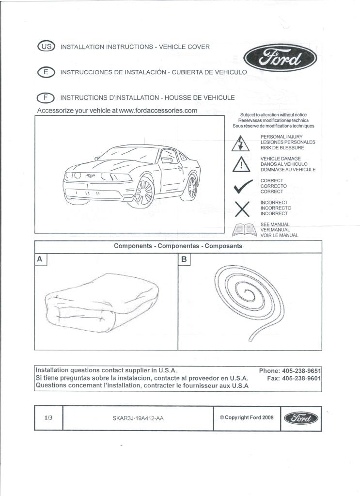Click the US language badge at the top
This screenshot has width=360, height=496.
46,47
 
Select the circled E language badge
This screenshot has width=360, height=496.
46,72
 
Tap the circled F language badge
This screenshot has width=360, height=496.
46,97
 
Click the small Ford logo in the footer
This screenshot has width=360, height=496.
301,418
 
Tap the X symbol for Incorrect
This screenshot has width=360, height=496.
242,208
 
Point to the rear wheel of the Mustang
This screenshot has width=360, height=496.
192,186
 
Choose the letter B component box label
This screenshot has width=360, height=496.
184,259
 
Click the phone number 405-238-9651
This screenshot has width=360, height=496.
298,371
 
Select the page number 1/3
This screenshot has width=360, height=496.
48,417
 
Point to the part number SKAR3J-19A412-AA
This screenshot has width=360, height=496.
138,418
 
